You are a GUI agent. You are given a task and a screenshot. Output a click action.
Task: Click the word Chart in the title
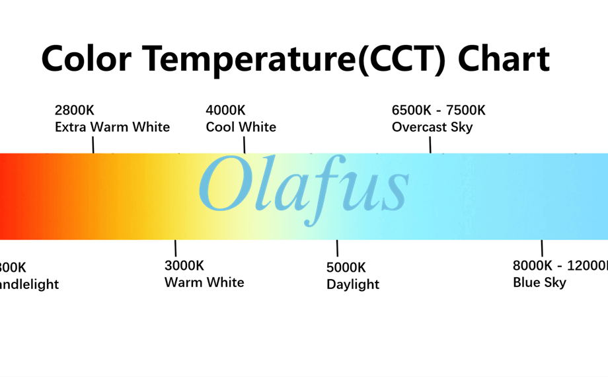(x=504, y=58)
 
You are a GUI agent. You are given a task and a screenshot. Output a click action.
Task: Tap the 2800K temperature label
(x=74, y=110)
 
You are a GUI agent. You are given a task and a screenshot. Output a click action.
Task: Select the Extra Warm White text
(x=112, y=126)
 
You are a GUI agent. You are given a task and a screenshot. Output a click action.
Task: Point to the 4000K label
(x=225, y=110)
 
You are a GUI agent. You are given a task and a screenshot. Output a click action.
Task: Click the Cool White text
(x=241, y=126)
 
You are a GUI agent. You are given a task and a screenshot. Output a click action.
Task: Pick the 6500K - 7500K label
(x=438, y=110)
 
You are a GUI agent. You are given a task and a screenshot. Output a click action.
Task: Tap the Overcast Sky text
(x=432, y=126)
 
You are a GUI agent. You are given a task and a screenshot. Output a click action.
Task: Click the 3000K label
(x=184, y=266)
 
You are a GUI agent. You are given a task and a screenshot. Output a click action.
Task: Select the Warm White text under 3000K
(x=204, y=282)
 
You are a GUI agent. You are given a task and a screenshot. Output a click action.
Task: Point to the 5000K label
(x=346, y=268)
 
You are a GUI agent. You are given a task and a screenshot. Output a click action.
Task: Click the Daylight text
(x=353, y=284)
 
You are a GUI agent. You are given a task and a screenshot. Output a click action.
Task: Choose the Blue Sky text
(x=539, y=282)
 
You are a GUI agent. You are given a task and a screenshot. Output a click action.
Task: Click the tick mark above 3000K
(x=175, y=248)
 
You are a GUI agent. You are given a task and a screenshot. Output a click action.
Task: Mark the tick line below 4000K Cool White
(x=245, y=144)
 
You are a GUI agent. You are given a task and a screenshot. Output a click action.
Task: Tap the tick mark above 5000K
(x=337, y=248)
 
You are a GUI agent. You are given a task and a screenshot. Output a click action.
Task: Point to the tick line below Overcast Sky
(x=430, y=144)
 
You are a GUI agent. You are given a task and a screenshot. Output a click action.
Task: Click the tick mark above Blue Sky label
(x=542, y=248)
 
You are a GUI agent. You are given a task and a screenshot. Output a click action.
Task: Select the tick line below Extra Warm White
(x=93, y=144)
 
